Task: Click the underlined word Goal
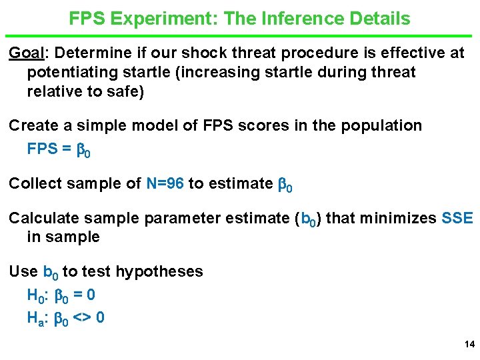pos(25,53)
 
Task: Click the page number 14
pos(468,345)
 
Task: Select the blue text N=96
pos(165,183)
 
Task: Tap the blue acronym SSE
pos(457,218)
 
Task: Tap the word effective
pos(387,53)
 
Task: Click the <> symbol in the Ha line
pos(81,317)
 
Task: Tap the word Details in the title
pos(380,19)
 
